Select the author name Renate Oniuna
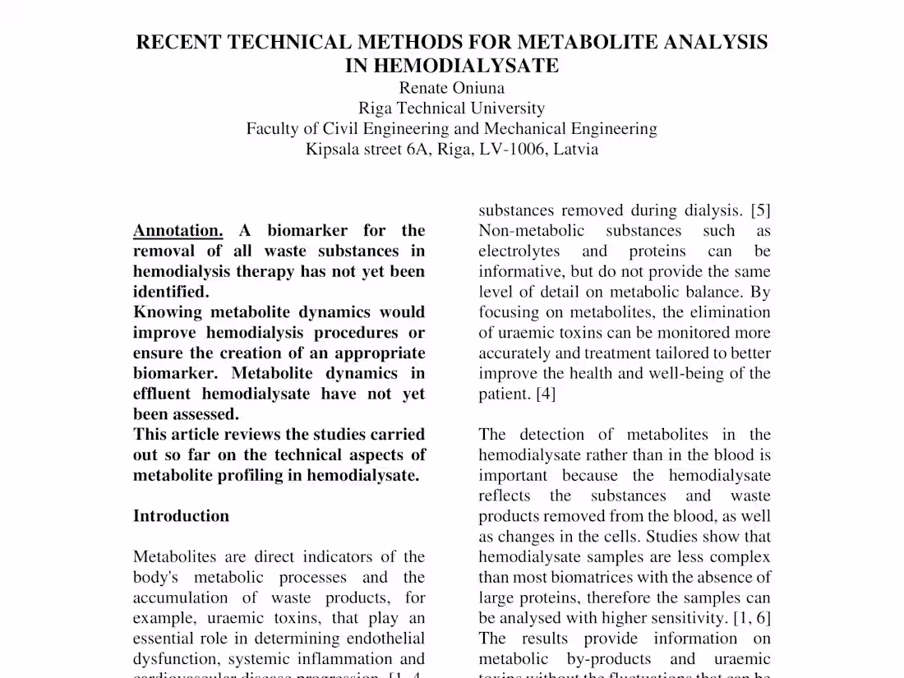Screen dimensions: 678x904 [451, 87]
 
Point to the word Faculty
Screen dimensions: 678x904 [273, 128]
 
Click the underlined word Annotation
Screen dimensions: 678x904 [178, 230]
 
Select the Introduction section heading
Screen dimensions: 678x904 [181, 516]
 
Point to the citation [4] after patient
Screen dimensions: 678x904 [546, 394]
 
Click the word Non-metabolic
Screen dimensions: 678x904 [531, 231]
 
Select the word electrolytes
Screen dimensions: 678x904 [519, 251]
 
